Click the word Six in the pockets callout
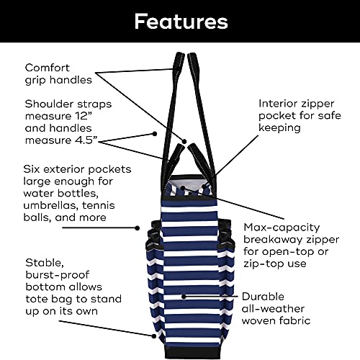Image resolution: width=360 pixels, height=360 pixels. pos(35,169)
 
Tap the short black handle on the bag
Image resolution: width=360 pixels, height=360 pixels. pos(173,155)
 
